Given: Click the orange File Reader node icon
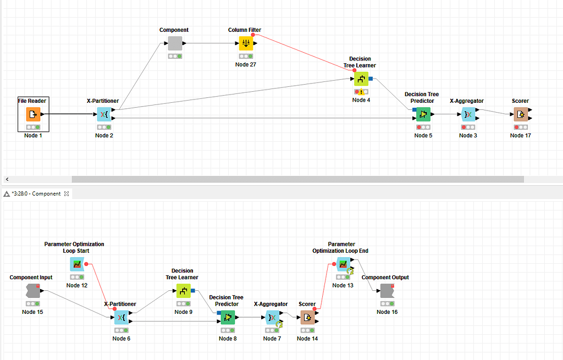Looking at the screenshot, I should tap(33, 114).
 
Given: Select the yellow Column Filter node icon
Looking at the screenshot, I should tap(246, 43).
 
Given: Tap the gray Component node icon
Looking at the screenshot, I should tap(175, 43).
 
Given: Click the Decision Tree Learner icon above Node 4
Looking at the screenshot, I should tap(361, 79).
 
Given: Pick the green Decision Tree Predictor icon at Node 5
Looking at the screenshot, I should tap(423, 114).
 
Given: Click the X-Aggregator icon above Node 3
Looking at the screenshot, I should tap(468, 114).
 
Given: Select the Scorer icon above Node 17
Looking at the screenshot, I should tap(521, 114).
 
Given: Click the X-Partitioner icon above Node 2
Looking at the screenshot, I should tap(103, 114).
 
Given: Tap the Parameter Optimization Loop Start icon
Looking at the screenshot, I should tap(77, 264).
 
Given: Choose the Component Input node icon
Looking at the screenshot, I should tap(32, 291).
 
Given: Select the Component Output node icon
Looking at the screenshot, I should tap(387, 291).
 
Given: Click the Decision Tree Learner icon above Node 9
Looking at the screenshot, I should tap(183, 291).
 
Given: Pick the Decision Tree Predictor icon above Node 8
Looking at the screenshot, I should tap(227, 317).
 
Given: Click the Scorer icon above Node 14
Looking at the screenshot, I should tap(307, 317).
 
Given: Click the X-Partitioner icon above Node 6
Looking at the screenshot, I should tap(121, 317).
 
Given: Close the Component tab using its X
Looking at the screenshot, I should tap(67, 193).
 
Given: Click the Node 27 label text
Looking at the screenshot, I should tap(246, 64).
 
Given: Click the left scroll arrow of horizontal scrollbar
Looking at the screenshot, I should tap(7, 179).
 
